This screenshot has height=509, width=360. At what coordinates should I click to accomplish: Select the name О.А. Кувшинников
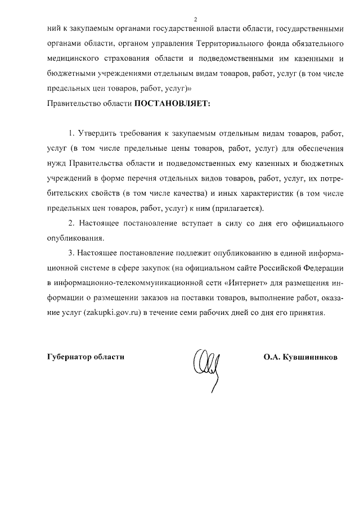click(300, 357)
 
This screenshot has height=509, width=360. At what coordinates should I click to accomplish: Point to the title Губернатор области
click(85, 357)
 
